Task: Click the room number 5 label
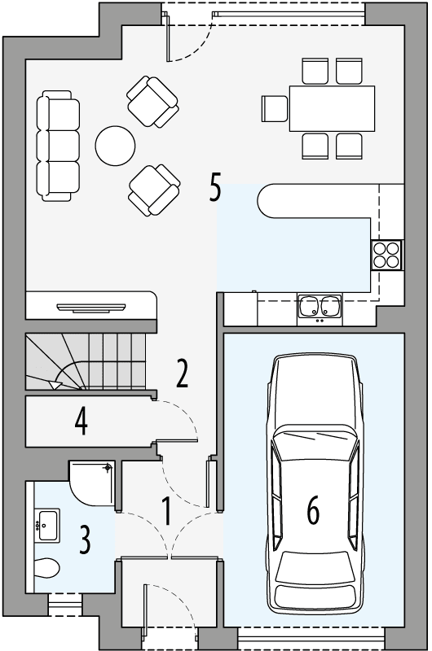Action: tap(215, 188)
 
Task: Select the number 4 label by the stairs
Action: tap(81, 421)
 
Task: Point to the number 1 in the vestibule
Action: tap(166, 513)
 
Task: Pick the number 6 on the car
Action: tap(313, 510)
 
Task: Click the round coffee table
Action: tap(115, 146)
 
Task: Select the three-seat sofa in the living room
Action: tap(59, 146)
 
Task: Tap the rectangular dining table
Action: tap(331, 108)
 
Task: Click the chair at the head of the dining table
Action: tap(275, 108)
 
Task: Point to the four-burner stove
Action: tap(386, 256)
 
